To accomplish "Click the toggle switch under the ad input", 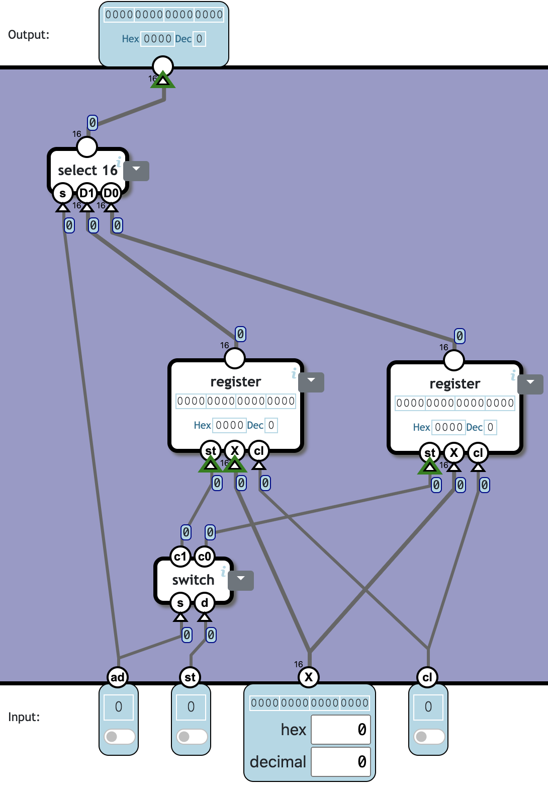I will [119, 737].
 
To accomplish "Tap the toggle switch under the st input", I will [192, 737].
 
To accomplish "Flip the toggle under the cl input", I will [429, 737].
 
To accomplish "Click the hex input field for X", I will [340, 730].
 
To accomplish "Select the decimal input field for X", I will [340, 762].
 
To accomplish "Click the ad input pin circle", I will [118, 677].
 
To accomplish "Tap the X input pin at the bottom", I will [309, 677].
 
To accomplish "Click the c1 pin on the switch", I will [180, 557].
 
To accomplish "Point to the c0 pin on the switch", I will [205, 557].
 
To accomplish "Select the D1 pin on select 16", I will [87, 193].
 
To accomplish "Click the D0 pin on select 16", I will [111, 193].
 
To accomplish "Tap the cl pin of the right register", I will [478, 453].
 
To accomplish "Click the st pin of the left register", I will [211, 451].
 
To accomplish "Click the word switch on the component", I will [193, 580].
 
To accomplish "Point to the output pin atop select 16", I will [87, 147].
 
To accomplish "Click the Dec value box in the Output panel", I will [199, 39].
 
